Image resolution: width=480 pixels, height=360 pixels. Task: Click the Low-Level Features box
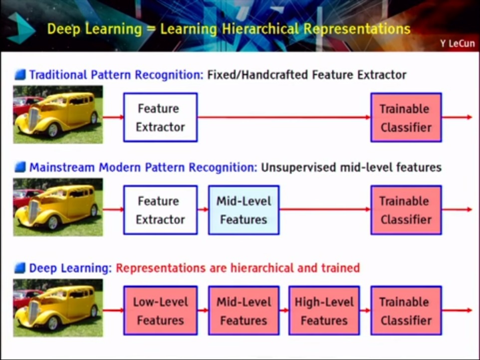160,311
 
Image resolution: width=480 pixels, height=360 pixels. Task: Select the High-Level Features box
324,311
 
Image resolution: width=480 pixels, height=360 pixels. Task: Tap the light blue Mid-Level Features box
243,210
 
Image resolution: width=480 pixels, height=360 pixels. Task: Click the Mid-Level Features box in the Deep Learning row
243,311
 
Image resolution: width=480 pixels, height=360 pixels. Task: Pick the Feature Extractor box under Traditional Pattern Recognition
160,117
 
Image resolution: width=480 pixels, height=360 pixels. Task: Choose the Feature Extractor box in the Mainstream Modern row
160,210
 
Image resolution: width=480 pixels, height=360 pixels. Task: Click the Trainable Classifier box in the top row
406,117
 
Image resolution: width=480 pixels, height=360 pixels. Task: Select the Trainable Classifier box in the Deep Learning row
406,311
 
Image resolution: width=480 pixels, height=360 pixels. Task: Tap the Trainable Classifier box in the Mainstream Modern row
406,210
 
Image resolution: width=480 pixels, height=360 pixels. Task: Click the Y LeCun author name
457,43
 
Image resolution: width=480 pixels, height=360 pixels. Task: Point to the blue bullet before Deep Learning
20,268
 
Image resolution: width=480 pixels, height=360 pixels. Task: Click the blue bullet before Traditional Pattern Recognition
20,75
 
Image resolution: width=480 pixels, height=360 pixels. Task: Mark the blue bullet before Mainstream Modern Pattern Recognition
20,167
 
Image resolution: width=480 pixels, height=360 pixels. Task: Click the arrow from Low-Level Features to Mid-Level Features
203,311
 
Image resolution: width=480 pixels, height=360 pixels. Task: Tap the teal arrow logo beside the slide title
21,28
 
